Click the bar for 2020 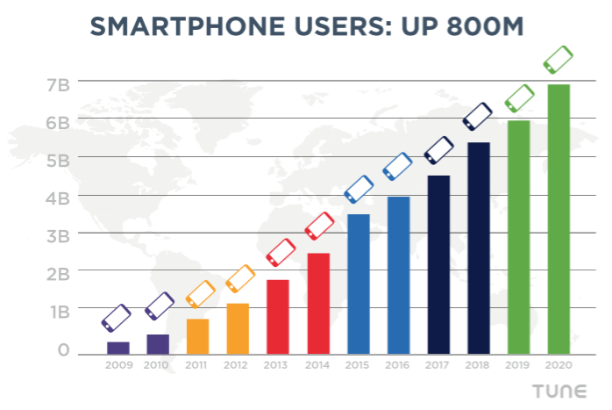559,219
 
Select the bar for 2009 117,348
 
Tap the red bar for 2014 318,304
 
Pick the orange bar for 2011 197,336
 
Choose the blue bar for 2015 358,284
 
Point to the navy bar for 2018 478,248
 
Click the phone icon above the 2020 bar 559,60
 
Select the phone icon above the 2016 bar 397,165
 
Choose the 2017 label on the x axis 438,364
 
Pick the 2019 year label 518,364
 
